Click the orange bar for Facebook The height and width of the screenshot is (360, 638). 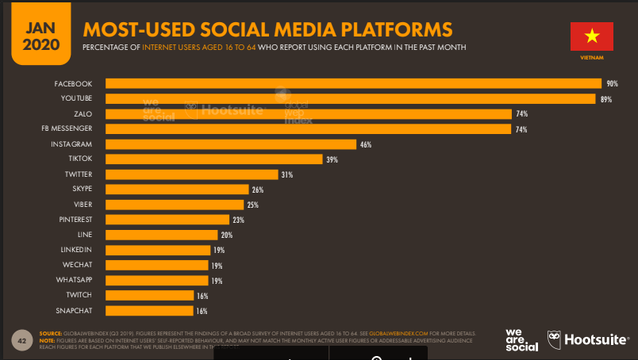(353, 83)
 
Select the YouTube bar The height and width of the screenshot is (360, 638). (350, 98)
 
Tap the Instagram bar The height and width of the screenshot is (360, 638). (230, 144)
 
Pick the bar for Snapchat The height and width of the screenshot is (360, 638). (150, 311)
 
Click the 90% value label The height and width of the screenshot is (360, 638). (612, 83)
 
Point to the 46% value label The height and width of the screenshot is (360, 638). (366, 144)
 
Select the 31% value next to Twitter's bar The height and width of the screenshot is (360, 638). (288, 174)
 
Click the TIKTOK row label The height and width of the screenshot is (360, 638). (80, 159)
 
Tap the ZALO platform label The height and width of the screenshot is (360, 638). (83, 113)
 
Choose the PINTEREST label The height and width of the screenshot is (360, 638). (75, 220)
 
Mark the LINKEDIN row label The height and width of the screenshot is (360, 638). (77, 250)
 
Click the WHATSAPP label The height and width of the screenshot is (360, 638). (75, 280)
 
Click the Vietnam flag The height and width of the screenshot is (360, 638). (591, 36)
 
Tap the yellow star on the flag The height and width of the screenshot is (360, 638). (591, 36)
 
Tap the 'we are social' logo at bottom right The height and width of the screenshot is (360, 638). (522, 340)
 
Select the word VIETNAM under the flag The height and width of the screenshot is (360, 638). (591, 59)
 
